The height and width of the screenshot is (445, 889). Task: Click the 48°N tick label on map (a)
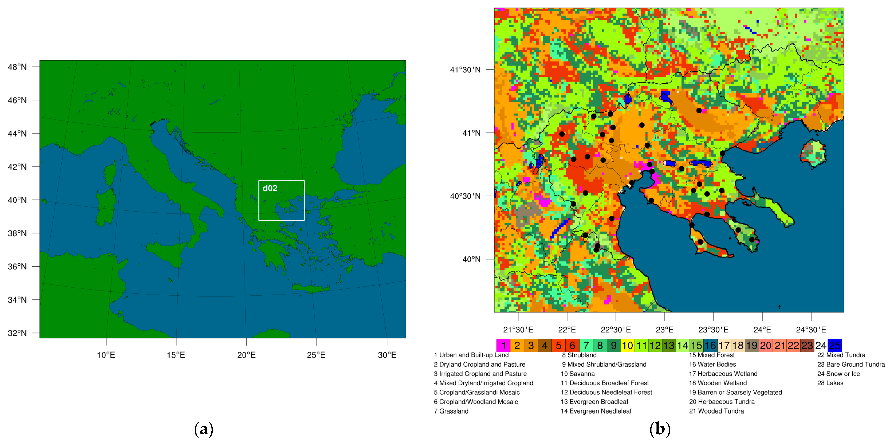17,67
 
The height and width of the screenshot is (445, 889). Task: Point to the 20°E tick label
246,355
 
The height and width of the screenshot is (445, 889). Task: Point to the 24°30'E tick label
811,330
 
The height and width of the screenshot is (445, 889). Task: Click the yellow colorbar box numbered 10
627,345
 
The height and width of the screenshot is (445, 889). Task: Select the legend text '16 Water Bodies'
712,364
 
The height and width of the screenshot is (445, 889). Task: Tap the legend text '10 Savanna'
578,374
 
